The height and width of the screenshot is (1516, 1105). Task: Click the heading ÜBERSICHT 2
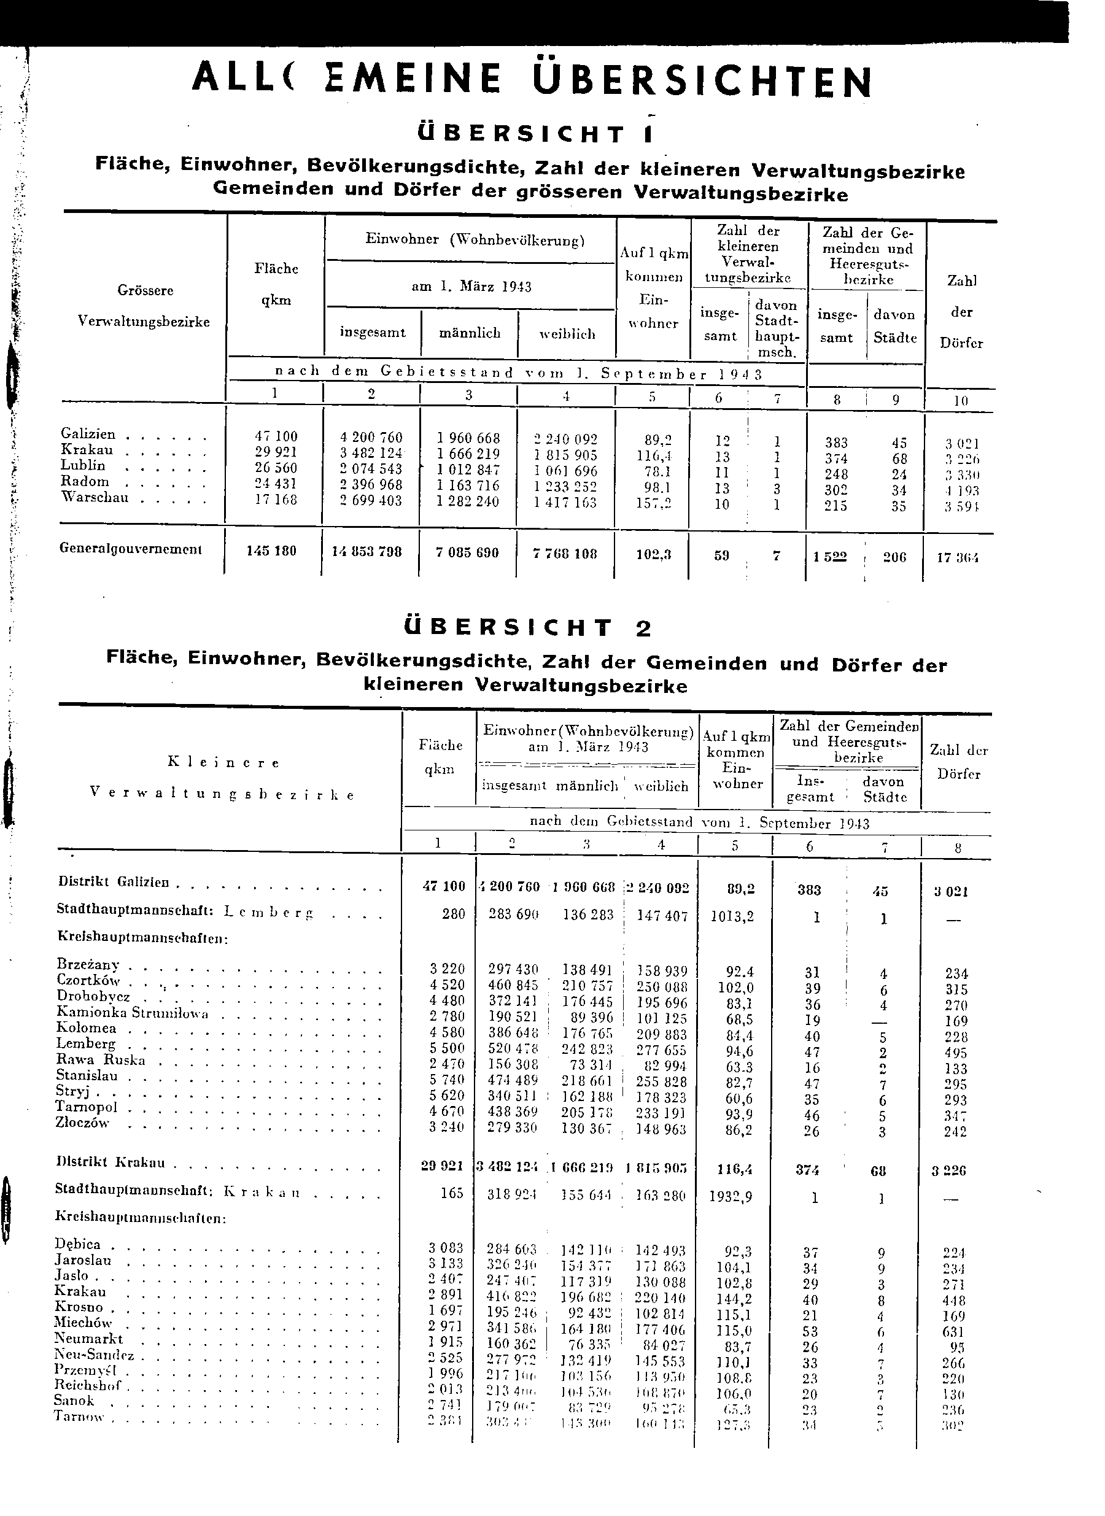coord(529,628)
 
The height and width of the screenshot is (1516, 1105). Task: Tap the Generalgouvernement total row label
coord(130,549)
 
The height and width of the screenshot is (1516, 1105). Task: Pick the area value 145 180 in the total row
coord(271,552)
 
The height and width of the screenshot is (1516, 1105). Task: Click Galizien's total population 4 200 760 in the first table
coord(371,438)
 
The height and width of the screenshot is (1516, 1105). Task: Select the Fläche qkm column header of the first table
coord(276,284)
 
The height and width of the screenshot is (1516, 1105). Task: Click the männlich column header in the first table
coord(470,333)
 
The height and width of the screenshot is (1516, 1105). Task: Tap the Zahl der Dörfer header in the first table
coord(961,312)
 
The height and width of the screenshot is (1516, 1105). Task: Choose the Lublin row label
coord(83,465)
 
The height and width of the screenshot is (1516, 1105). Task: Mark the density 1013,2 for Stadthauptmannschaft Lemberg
coord(732,916)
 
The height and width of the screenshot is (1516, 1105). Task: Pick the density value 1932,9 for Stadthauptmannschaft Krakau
coord(731,1196)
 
